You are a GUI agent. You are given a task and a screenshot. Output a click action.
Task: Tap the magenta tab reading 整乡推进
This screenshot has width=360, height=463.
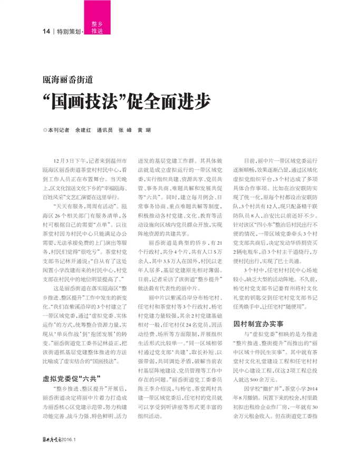click(x=96, y=28)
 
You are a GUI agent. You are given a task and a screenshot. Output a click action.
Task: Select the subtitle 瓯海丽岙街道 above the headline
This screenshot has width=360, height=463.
click(x=68, y=81)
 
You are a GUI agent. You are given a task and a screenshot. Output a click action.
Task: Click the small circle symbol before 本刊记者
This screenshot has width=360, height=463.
click(x=45, y=130)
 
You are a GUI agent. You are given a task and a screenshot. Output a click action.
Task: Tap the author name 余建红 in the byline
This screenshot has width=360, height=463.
click(x=83, y=130)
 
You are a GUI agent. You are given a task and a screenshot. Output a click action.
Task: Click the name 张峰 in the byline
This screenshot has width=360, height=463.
click(x=125, y=130)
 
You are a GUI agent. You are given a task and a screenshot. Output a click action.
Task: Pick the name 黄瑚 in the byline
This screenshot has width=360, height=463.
click(x=144, y=130)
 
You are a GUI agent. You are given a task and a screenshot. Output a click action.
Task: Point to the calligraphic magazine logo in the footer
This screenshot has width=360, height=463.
click(x=52, y=437)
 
